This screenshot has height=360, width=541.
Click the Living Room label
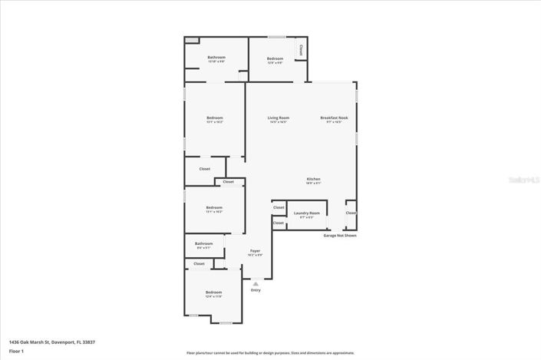pos(278,117)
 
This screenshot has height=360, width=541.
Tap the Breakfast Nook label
pos(334,117)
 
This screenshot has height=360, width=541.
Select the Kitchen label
pos(313,179)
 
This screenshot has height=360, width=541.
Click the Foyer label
pos(255,251)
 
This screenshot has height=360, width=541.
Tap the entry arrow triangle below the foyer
pos(256,283)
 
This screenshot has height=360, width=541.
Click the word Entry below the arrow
pos(256,290)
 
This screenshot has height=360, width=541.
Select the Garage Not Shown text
pos(339,235)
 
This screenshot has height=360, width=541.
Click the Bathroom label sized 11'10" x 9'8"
pos(216,58)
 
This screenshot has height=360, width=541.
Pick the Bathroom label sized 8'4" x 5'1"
pos(203,243)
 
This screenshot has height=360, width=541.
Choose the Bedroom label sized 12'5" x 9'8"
pos(275,58)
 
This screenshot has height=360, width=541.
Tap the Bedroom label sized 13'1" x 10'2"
pos(214,207)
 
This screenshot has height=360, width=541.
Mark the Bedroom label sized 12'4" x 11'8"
pos(213,292)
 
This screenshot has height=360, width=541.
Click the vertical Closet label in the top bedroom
pos(301,49)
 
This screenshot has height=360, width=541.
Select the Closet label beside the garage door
pos(350,213)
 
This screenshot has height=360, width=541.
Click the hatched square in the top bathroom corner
pos(191,40)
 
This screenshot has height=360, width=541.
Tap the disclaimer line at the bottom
pos(270,352)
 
